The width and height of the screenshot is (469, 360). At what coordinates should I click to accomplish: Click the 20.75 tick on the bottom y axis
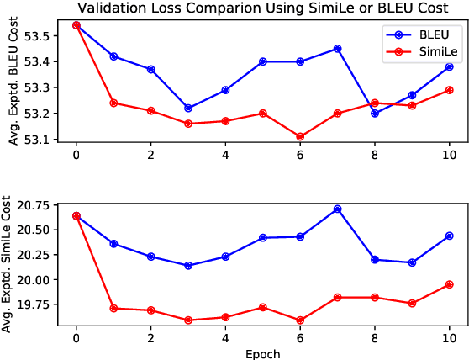pyautogui.click(x=34, y=205)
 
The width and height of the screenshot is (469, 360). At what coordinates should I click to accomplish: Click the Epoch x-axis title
pyautogui.click(x=262, y=353)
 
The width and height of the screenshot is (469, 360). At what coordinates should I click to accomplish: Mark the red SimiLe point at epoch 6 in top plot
pyautogui.click(x=300, y=136)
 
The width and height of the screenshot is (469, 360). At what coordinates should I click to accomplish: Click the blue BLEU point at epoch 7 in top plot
pyautogui.click(x=337, y=49)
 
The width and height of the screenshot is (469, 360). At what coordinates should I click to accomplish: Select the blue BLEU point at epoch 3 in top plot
pyautogui.click(x=188, y=108)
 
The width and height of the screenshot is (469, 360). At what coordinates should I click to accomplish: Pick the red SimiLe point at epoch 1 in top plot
pyautogui.click(x=113, y=103)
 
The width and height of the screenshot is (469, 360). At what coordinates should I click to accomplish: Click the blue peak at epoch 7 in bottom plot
pyautogui.click(x=337, y=209)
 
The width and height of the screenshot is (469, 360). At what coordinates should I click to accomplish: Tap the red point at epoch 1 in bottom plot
pyautogui.click(x=113, y=308)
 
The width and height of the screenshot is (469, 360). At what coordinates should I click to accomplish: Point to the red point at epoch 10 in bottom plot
pyautogui.click(x=449, y=284)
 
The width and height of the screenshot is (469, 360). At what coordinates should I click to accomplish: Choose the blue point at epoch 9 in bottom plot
pyautogui.click(x=412, y=262)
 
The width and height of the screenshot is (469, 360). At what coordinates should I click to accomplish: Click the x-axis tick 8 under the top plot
pyautogui.click(x=375, y=156)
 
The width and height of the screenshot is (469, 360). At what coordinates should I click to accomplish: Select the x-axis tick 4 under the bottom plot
pyautogui.click(x=225, y=339)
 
